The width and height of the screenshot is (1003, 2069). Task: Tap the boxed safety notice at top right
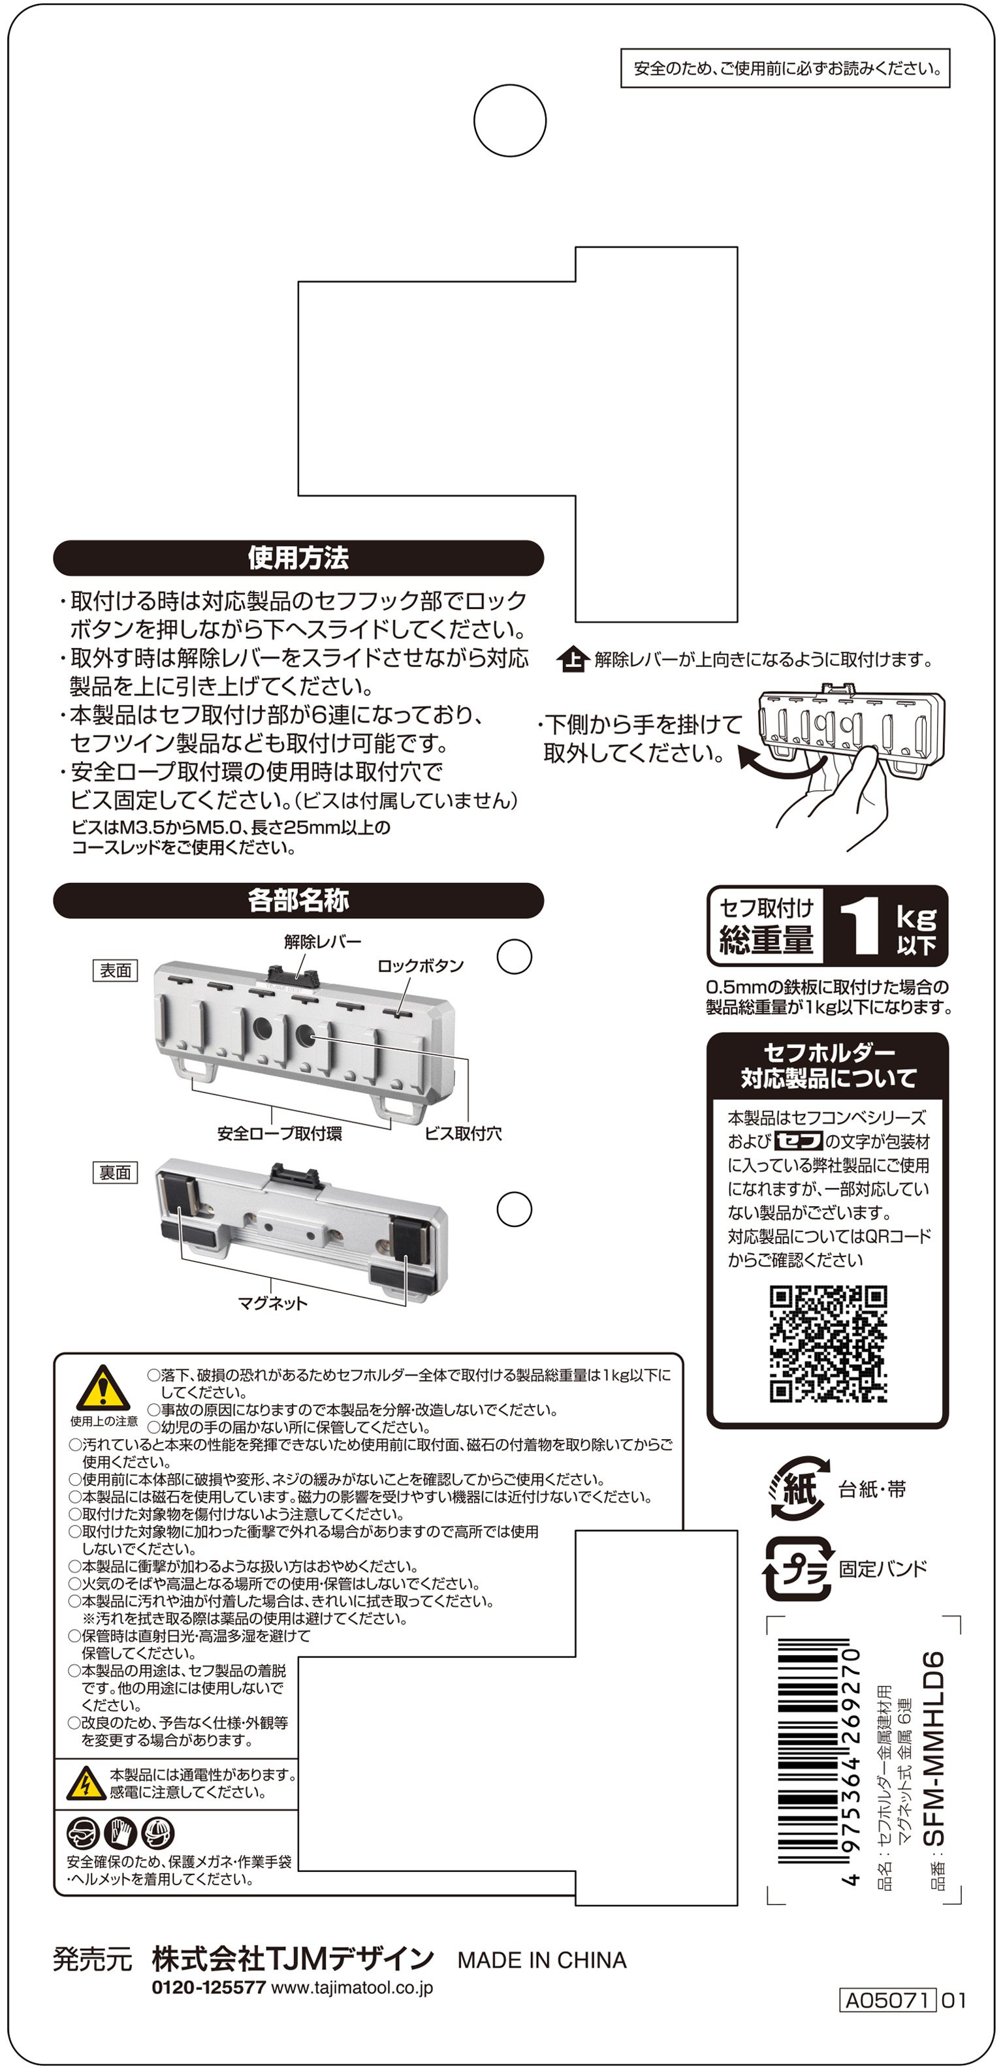coord(785,69)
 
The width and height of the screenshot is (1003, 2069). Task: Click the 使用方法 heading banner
coord(298,557)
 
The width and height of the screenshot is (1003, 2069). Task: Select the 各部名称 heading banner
coord(298,900)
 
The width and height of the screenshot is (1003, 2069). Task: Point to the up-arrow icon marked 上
coord(572,659)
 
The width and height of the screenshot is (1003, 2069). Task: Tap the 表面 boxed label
coord(115,971)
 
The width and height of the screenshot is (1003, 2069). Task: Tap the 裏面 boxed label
coord(115,1173)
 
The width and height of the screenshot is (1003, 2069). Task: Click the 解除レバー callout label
coord(323,941)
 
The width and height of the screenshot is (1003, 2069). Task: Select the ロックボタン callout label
coord(421,965)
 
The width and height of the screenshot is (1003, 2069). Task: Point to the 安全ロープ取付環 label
coord(279,1133)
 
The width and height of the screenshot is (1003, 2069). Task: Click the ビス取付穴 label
coord(463,1133)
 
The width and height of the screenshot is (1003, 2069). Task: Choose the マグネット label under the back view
coord(272,1303)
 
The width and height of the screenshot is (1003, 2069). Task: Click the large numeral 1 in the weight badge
coord(860,926)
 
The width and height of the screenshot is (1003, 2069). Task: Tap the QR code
coord(828,1344)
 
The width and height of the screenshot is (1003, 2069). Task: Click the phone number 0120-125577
coord(208,1988)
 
